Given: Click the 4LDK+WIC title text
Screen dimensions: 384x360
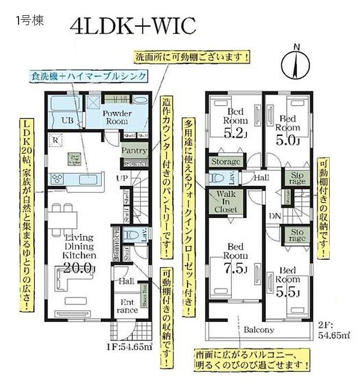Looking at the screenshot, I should tap(134, 26).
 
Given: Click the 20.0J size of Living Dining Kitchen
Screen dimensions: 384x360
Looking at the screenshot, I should tap(80, 268).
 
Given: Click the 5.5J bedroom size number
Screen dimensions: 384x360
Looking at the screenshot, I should tap(287, 292).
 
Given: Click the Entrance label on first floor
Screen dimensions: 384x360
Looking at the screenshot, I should tap(129, 306).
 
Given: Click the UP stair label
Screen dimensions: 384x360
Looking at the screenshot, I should tap(123, 178).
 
